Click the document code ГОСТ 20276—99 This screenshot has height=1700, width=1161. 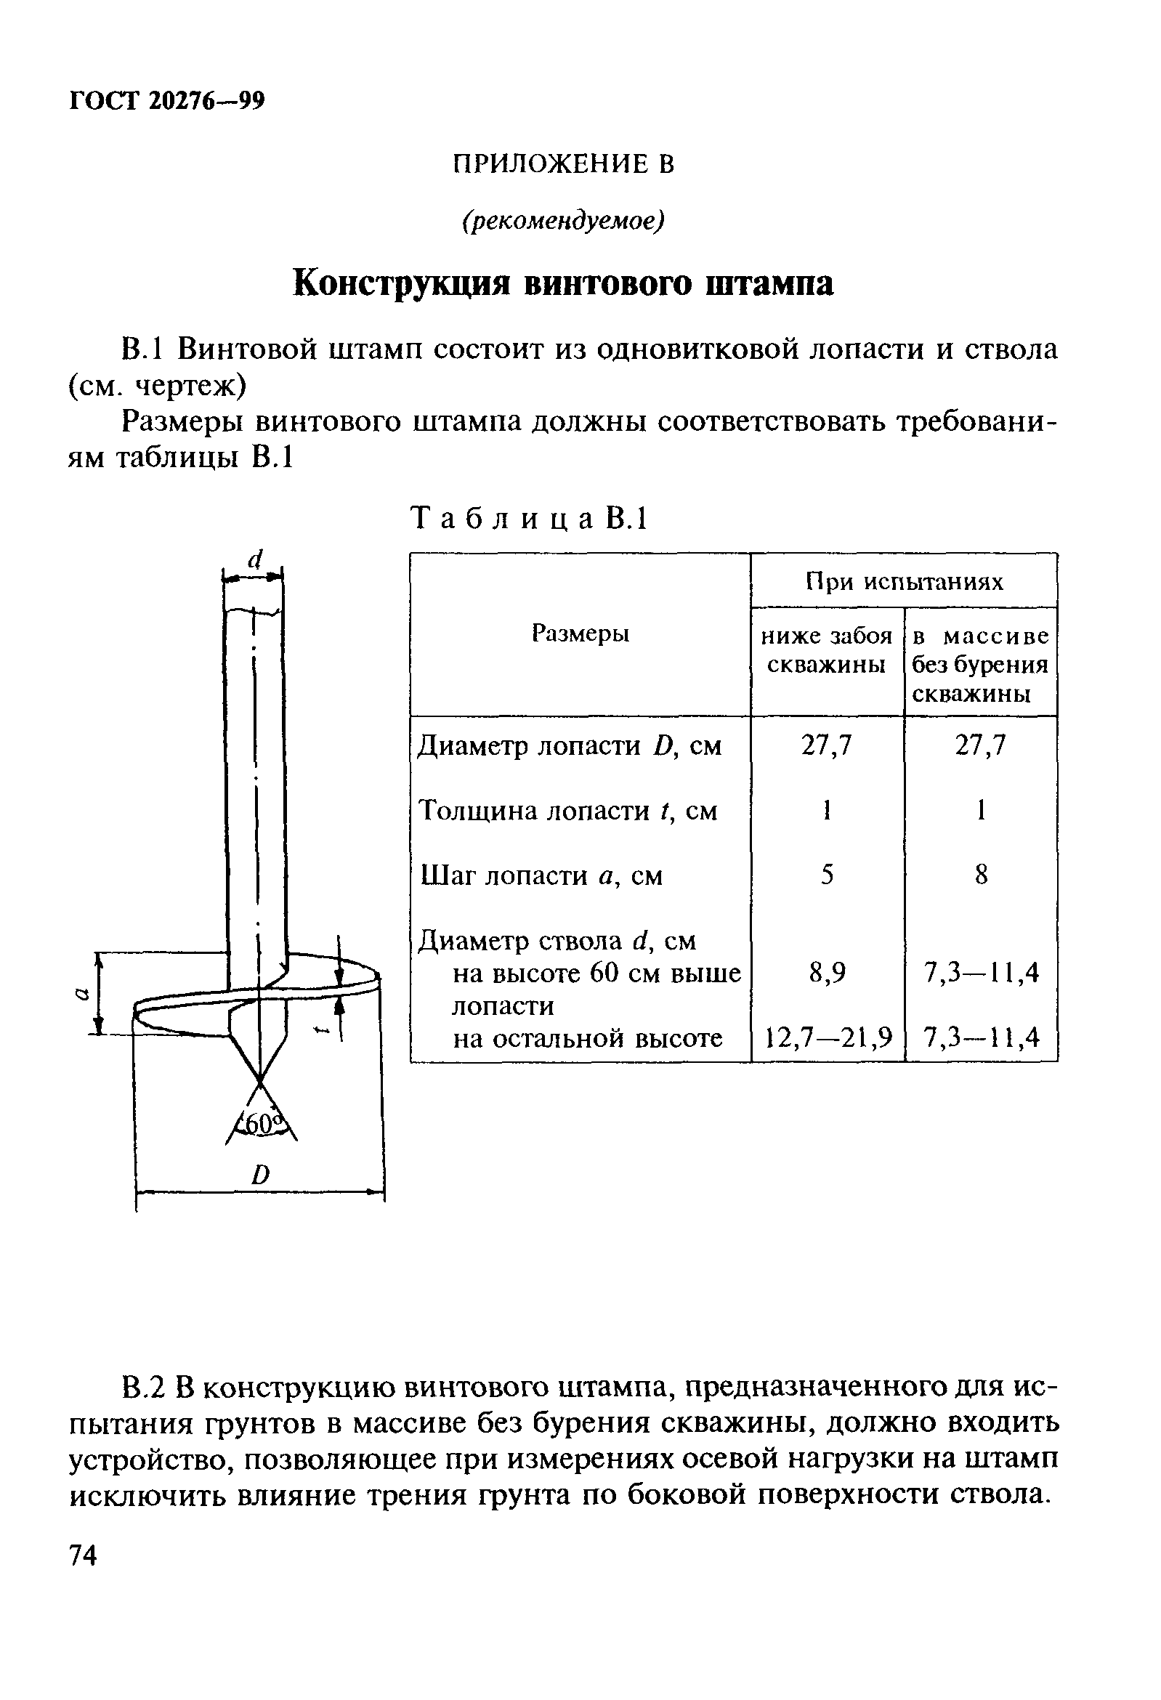[166, 100]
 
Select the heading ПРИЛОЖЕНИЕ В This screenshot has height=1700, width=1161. [562, 164]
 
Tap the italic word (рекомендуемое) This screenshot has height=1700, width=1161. [562, 220]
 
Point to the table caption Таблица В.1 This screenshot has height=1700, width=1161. [530, 519]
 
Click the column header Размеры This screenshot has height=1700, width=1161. [580, 633]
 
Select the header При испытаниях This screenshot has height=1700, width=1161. [905, 581]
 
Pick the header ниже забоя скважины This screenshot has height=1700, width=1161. [828, 650]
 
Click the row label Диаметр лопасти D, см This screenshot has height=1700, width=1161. [569, 746]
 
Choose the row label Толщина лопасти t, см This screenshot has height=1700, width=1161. [567, 811]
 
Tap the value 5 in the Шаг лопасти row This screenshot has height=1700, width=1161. [828, 875]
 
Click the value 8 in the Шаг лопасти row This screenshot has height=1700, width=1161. [981, 875]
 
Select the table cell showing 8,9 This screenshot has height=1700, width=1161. [828, 973]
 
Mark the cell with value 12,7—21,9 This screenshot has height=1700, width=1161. [829, 1037]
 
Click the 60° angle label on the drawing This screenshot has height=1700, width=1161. [260, 1124]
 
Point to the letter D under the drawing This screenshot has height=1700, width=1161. [260, 1175]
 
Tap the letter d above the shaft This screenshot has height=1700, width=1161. [254, 559]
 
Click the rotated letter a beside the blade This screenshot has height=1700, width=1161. [82, 992]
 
